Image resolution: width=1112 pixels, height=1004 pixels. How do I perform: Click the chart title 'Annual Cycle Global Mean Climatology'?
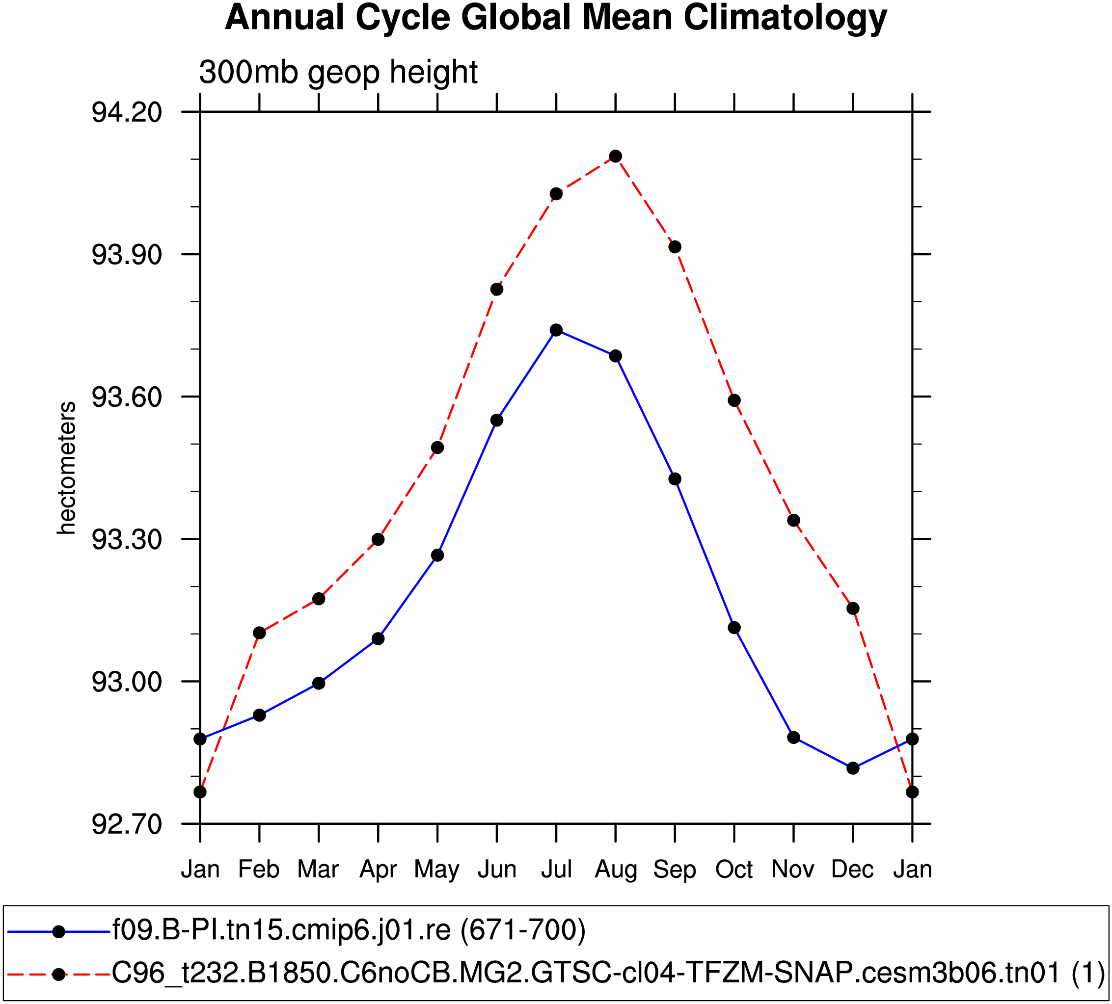point(555,18)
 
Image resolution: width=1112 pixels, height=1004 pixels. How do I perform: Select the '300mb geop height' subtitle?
point(338,72)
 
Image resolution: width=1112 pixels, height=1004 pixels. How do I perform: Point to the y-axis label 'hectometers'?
point(67,468)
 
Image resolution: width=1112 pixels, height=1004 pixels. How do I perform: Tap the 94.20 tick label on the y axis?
point(119,112)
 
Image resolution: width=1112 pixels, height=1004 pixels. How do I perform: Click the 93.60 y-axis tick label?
point(119,397)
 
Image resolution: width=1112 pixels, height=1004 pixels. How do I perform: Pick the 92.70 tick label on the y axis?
point(119,825)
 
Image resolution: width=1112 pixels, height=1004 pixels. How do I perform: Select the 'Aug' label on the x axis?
point(616,870)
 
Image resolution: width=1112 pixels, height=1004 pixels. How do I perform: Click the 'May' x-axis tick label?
point(437,870)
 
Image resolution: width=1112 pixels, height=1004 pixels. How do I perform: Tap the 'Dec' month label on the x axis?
point(853,870)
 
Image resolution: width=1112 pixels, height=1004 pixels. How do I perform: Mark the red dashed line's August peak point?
point(616,157)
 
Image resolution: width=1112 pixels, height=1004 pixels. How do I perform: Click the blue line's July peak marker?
point(556,330)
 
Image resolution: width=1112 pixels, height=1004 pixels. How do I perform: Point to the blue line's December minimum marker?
point(853,768)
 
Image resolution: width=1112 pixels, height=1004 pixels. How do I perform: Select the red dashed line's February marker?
point(259,633)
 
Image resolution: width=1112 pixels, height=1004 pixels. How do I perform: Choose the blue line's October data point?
point(734,628)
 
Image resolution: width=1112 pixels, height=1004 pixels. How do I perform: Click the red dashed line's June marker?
point(497,290)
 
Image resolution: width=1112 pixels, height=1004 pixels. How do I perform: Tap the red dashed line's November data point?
point(794,521)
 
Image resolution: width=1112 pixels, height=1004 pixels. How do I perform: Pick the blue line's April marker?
point(378,639)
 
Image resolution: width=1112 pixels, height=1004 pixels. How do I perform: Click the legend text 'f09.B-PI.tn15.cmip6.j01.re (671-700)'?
point(349,930)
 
